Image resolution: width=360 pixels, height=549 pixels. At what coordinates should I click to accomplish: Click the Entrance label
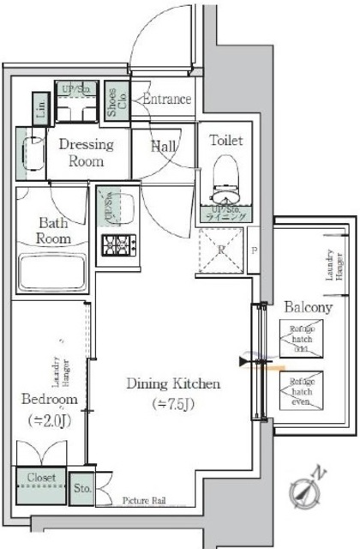click(167, 99)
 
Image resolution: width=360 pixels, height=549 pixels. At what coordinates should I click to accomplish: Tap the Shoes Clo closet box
click(112, 100)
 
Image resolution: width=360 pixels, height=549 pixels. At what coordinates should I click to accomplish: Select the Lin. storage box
click(41, 109)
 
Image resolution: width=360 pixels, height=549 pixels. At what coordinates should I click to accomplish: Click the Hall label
click(164, 147)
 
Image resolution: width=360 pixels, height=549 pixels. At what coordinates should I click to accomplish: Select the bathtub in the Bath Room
click(51, 276)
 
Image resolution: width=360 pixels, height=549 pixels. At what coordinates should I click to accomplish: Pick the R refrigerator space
click(222, 250)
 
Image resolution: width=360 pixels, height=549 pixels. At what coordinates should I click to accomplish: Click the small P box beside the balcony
click(255, 251)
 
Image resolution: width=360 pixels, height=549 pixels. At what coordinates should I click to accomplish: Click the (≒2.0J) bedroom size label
click(51, 419)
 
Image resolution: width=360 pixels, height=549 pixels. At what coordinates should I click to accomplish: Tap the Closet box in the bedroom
click(40, 478)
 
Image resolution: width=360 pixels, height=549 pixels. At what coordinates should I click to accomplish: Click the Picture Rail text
click(143, 500)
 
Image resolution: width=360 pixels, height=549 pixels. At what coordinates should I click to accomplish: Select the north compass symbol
click(307, 487)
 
